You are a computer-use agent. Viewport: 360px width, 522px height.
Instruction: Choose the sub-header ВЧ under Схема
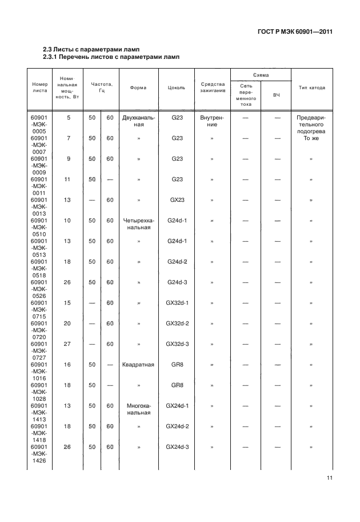click(x=277, y=94)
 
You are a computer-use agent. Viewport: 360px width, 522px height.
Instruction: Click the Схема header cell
click(x=261, y=75)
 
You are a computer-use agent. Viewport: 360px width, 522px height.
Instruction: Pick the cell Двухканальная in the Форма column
click(x=138, y=121)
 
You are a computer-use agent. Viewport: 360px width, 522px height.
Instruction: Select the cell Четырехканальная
click(x=138, y=224)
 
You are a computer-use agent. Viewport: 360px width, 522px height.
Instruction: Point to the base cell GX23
click(x=177, y=200)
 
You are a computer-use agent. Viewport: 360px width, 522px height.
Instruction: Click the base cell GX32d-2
click(x=177, y=323)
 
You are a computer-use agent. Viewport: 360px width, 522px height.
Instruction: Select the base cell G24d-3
click(x=177, y=282)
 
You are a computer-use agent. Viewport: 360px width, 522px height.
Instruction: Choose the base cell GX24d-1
click(x=177, y=405)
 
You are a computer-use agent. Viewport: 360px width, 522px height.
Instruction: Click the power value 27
click(x=68, y=344)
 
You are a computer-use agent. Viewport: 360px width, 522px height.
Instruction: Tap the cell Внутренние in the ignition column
click(x=213, y=121)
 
